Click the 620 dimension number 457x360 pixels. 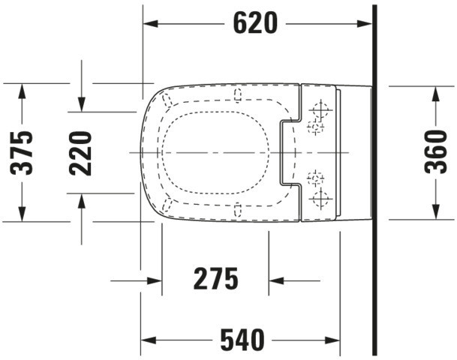coord(256,23)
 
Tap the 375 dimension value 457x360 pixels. coord(21,153)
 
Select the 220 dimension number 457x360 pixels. coord(81,154)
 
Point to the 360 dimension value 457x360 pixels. coord(436,151)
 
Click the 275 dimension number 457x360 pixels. coord(215,279)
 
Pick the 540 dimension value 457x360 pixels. coord(242,340)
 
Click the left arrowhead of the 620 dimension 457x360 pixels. coord(150,23)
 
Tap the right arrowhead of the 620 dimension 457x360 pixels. coord(365,23)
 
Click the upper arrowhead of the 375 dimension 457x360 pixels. coord(22,91)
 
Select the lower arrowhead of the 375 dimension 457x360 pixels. coord(22,214)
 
